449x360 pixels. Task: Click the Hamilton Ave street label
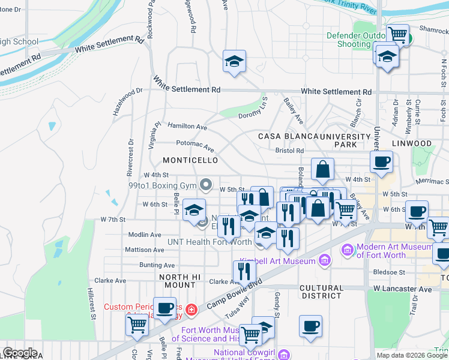(187, 127)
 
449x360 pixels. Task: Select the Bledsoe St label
(393, 272)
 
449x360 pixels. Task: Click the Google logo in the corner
(20, 353)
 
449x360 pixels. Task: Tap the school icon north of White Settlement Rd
(234, 61)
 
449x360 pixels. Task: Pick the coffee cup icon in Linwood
(381, 161)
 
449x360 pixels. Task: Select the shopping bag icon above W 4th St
(322, 169)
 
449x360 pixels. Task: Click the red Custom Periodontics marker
(191, 310)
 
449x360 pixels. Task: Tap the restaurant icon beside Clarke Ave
(243, 271)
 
